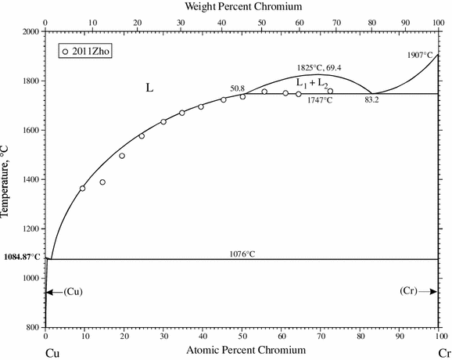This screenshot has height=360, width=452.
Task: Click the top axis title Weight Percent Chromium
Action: click(242, 6)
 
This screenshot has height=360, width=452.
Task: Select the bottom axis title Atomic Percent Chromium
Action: click(242, 352)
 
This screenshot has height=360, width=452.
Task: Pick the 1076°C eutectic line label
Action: click(242, 254)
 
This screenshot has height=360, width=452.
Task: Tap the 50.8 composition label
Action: click(238, 88)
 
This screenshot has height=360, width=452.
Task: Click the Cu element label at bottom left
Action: click(52, 353)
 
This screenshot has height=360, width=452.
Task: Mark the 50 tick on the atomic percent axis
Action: click(242, 337)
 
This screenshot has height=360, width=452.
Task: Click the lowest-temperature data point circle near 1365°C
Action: click(83, 188)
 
